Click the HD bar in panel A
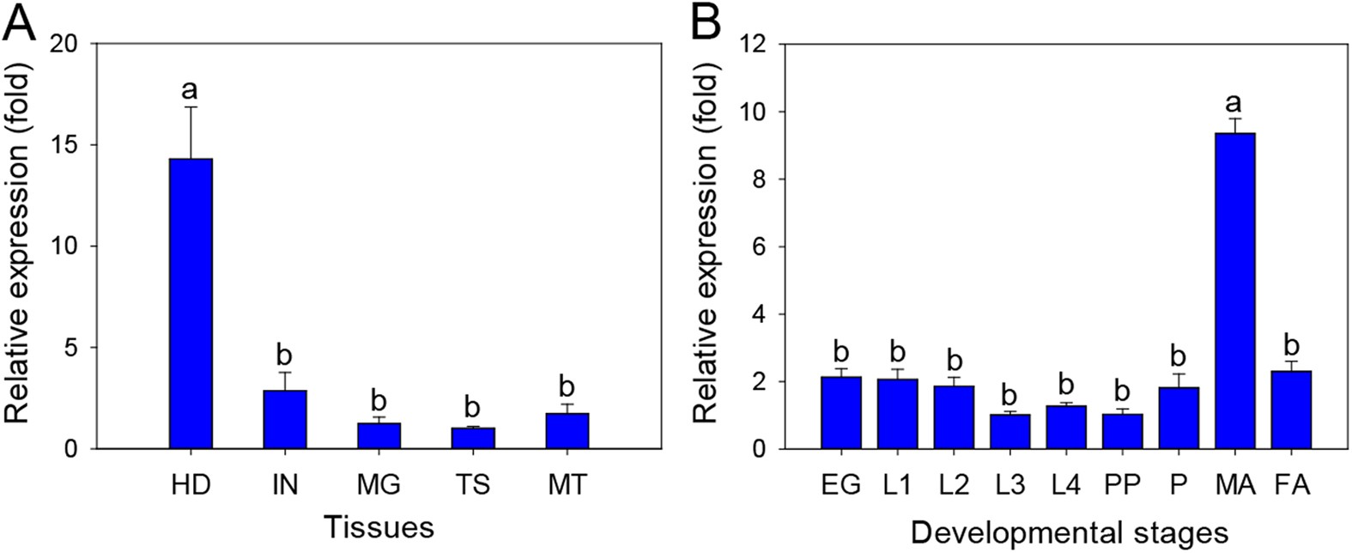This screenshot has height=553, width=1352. point(191,304)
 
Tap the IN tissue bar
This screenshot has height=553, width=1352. point(285,420)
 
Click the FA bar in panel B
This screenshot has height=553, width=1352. point(1290,410)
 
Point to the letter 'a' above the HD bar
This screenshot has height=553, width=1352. point(191,88)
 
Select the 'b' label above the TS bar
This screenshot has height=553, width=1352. point(473,407)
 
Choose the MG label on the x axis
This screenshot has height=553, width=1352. point(379,485)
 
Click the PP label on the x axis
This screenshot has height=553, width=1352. point(1122,485)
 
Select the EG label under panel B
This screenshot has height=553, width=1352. point(840,485)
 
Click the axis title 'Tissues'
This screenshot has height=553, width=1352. point(379,526)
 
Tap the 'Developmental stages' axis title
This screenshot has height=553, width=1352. point(1069,533)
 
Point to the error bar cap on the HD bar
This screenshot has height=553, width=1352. point(191,106)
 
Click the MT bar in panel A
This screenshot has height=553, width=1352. point(567,431)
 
